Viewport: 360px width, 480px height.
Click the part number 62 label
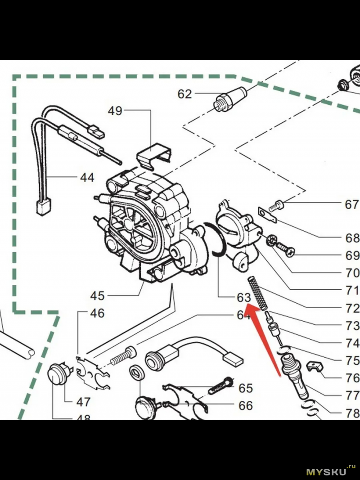pyautogui.click(x=184, y=94)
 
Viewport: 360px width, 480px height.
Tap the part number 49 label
pyautogui.click(x=115, y=111)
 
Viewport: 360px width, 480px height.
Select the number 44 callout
pyautogui.click(x=87, y=178)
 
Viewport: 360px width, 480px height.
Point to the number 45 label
pyautogui.click(x=97, y=296)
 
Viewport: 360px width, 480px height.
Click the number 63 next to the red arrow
pyautogui.click(x=243, y=298)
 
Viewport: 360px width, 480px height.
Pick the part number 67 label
pyautogui.click(x=352, y=205)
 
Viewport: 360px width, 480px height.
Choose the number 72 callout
pyautogui.click(x=353, y=309)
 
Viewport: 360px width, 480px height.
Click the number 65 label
pyautogui.click(x=246, y=388)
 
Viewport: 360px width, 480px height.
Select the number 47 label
pyautogui.click(x=84, y=402)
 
